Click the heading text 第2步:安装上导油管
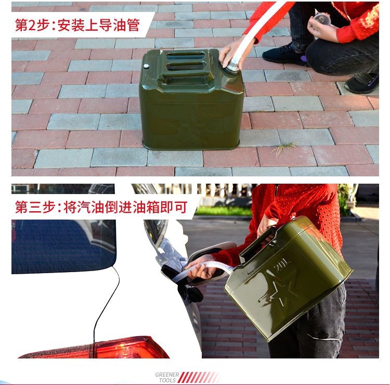(x=77, y=25)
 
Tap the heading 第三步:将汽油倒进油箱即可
(x=101, y=207)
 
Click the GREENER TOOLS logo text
(x=167, y=377)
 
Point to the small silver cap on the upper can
(x=146, y=66)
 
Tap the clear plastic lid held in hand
(x=322, y=19)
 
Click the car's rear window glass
(x=63, y=247)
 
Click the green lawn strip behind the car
(x=223, y=211)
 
